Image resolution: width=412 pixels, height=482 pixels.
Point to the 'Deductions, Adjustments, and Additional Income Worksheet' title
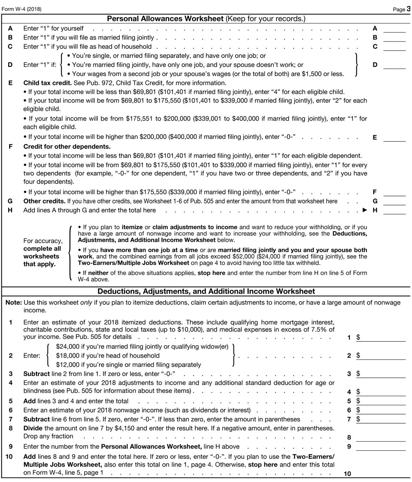coord(206,292)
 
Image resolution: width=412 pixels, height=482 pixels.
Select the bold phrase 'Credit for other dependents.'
coord(67,147)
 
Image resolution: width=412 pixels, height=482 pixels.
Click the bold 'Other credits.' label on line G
coord(44,201)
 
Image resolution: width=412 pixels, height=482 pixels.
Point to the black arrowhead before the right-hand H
coord(365,211)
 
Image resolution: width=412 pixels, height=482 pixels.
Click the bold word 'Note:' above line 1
coord(13,303)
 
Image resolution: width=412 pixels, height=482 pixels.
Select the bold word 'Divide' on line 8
coord(33,428)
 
